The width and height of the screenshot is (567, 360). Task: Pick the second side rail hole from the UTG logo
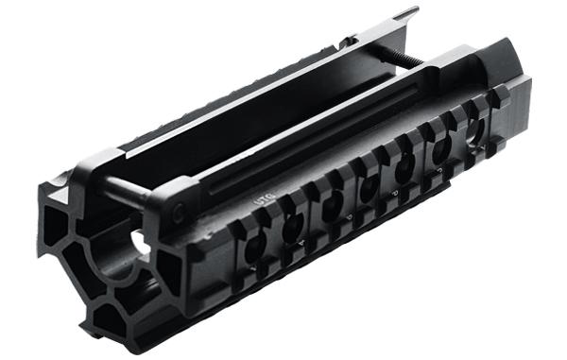(293, 225)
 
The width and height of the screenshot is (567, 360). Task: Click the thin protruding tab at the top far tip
(406, 14)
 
